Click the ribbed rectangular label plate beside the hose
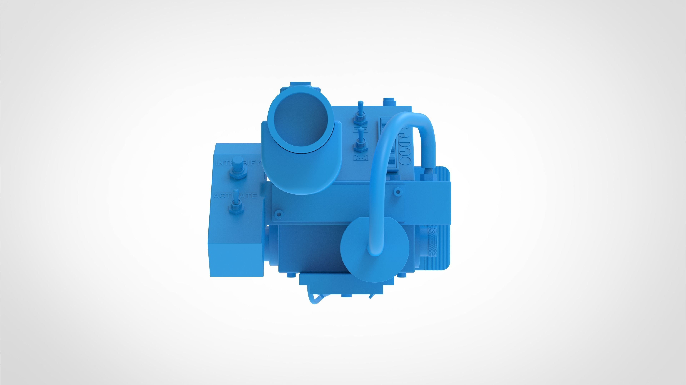coord(387,144)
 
